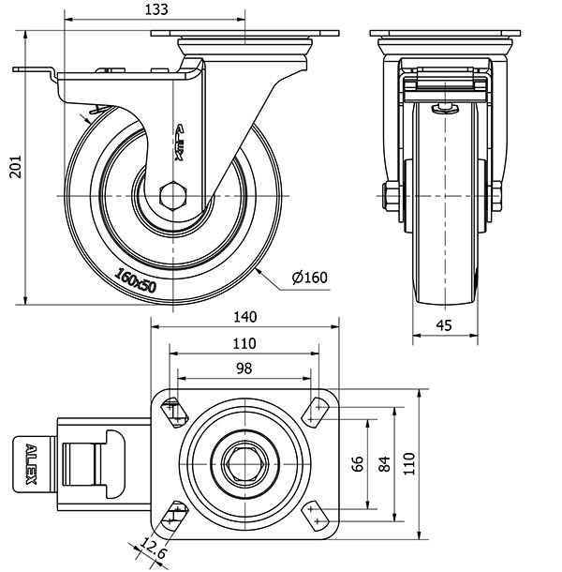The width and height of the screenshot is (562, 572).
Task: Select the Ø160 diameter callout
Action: coord(309,277)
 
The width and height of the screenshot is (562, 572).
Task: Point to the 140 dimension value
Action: coord(245,317)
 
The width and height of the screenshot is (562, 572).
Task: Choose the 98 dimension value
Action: coord(244,369)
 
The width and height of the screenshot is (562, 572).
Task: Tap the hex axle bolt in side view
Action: coord(174,197)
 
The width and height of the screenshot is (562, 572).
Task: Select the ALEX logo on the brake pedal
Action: coord(29,463)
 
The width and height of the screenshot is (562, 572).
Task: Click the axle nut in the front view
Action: coord(389,197)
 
